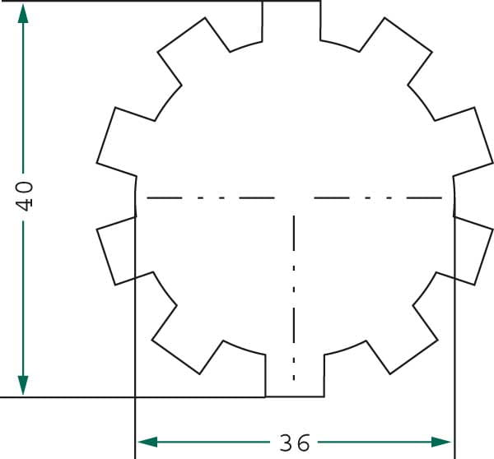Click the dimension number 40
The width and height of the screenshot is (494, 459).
(24, 196)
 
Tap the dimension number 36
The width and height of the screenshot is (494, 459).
(295, 443)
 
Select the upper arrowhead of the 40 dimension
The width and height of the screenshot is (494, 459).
(23, 13)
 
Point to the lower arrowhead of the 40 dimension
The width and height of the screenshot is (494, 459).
(23, 386)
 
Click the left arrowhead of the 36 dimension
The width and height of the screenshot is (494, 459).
(147, 442)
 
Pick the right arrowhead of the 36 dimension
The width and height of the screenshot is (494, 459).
(441, 442)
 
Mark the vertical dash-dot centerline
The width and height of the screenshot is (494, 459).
(294, 298)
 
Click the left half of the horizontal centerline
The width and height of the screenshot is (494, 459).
(211, 198)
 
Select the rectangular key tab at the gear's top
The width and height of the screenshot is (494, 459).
(291, 21)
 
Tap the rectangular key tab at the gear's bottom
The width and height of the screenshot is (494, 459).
(295, 376)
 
